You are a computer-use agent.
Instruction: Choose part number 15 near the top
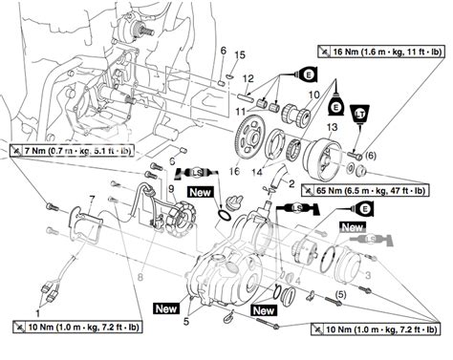pos(242,54)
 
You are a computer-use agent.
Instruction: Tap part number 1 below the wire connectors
pos(38,312)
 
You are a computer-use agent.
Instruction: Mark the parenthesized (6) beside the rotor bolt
pos(370,155)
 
